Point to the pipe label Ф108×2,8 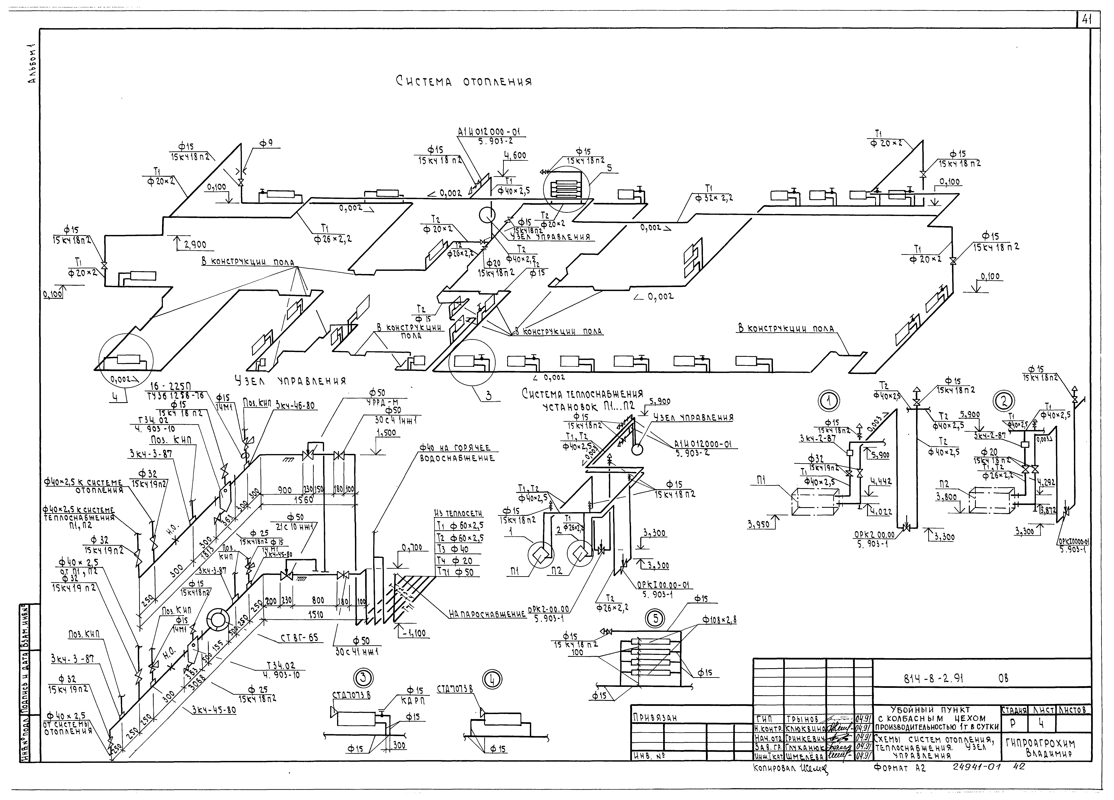[720, 620]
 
